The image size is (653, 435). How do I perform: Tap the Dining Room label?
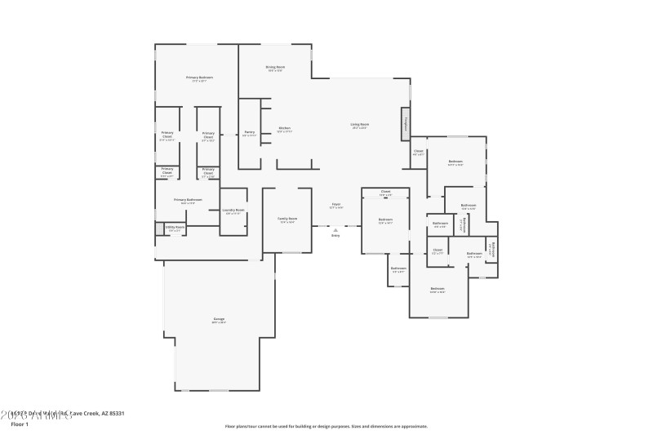coord(275,67)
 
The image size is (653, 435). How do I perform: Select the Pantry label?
coord(250,132)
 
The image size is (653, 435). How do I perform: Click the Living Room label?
coord(360,124)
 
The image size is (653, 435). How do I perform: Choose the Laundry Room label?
coord(234,211)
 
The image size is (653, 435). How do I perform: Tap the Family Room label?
coord(287,219)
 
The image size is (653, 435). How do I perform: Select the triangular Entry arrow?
coord(335,230)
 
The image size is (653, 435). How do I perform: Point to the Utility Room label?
coord(175,228)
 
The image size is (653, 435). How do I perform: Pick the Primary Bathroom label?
coord(188,199)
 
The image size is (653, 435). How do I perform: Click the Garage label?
coord(219,318)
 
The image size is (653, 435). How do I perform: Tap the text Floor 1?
coord(20,424)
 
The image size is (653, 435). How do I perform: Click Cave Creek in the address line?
coord(84,414)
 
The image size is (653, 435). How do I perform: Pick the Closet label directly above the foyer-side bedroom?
coord(385,193)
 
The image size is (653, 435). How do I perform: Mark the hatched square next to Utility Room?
coord(159,229)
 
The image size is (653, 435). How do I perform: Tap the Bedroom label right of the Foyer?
coord(385,220)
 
